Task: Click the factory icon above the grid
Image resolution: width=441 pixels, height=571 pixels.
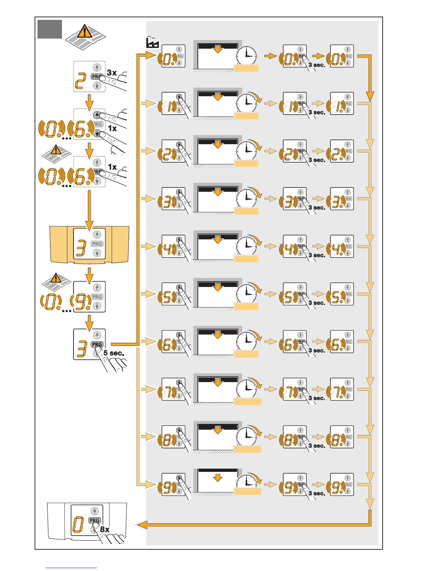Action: (152, 43)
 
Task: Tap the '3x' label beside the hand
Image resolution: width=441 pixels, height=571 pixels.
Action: (112, 73)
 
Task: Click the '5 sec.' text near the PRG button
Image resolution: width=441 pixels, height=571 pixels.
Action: (113, 353)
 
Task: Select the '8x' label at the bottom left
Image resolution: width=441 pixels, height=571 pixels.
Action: (104, 529)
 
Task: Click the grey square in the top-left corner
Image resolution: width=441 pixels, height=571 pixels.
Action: (50, 29)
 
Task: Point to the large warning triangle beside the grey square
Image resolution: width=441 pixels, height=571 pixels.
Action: (85, 32)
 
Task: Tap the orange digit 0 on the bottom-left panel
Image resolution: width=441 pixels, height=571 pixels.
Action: (78, 524)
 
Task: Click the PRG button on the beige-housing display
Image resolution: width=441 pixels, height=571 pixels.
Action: (97, 244)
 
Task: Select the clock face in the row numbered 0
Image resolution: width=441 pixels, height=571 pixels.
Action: (246, 56)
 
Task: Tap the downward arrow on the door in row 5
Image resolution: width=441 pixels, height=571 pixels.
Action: (218, 287)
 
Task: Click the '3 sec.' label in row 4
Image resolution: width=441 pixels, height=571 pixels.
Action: (317, 255)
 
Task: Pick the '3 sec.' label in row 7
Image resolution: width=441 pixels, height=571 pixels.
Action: (317, 398)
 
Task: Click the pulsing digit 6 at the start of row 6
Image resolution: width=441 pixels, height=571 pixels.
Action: (167, 345)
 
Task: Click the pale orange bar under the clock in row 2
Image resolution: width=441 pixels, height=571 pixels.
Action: (246, 164)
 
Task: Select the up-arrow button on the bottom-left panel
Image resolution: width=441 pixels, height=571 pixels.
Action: (94, 511)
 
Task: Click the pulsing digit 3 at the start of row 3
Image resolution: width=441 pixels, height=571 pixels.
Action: (167, 202)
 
